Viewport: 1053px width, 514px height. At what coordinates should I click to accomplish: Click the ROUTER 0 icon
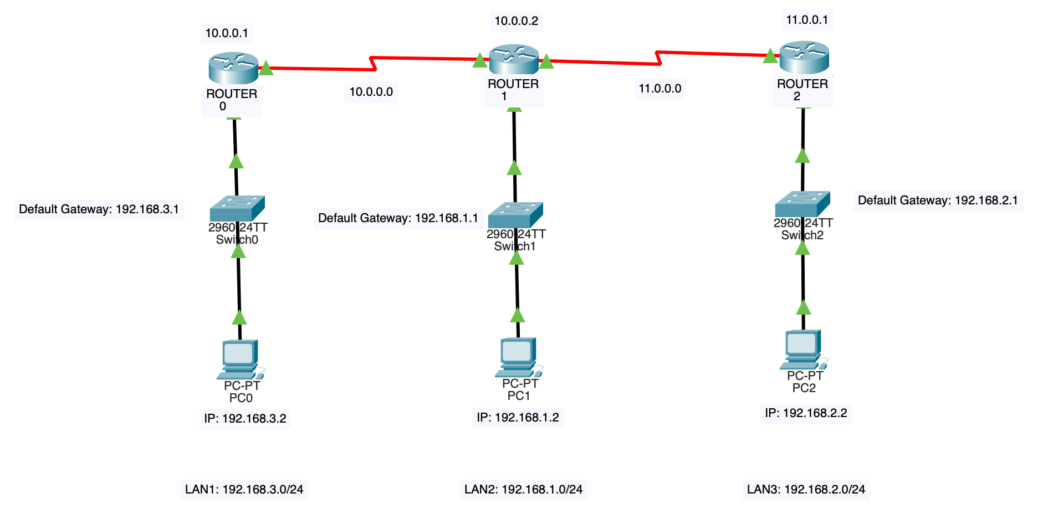point(233,68)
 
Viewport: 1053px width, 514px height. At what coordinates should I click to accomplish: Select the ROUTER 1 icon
point(514,59)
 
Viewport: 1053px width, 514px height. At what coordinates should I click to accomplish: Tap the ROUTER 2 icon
point(804,56)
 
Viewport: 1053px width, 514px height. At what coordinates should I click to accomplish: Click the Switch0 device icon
point(237,208)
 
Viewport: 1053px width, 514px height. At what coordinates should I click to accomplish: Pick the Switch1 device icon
point(515,215)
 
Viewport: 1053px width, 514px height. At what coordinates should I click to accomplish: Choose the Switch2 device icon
point(802,204)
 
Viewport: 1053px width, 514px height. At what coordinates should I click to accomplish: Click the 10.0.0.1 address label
point(227,33)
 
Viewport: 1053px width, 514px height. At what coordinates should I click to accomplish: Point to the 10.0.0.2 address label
point(516,21)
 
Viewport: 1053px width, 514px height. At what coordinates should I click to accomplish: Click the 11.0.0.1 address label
point(807,20)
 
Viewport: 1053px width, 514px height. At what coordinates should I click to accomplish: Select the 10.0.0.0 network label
point(371,92)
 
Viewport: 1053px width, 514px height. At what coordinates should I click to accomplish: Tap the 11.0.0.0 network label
point(660,89)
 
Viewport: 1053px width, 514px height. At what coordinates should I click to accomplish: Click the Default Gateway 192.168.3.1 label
point(99,209)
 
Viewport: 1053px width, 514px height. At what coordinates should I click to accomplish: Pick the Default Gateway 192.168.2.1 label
point(938,201)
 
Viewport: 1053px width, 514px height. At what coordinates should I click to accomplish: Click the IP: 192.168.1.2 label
point(518,418)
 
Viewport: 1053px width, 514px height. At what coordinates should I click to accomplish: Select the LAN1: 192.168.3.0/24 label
point(244,490)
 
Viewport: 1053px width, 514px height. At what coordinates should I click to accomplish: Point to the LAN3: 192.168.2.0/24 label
point(806,490)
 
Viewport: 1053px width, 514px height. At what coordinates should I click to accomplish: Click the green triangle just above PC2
point(803,307)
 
